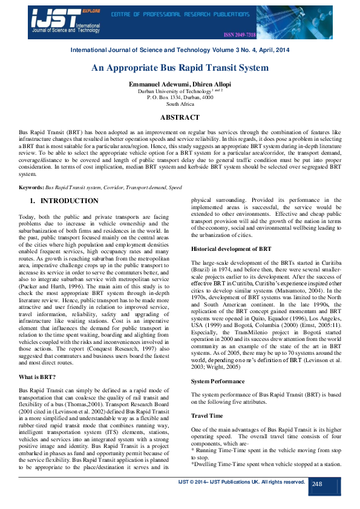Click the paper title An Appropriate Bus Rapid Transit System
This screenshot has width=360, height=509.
(x=180, y=69)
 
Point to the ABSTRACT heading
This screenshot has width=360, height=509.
(x=180, y=117)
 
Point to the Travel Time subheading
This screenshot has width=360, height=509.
(x=208, y=416)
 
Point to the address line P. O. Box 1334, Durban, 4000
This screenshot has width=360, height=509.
(x=180, y=97)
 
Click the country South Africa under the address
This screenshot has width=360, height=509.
(x=180, y=103)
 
